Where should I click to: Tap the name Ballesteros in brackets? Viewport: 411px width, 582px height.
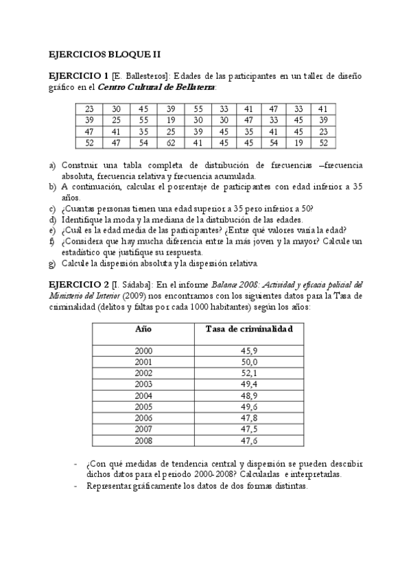click(146, 76)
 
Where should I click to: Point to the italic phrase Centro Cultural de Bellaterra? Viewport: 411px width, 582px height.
click(156, 87)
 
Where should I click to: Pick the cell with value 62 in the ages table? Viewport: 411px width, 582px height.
click(171, 143)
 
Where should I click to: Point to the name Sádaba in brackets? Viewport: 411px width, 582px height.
click(136, 284)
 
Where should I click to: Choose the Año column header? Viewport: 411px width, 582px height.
click(143, 329)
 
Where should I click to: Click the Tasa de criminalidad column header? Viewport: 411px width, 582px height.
click(249, 329)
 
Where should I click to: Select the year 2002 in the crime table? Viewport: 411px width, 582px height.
click(143, 373)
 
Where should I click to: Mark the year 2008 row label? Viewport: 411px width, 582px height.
click(143, 440)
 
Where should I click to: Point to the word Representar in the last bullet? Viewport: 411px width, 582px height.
click(109, 486)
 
